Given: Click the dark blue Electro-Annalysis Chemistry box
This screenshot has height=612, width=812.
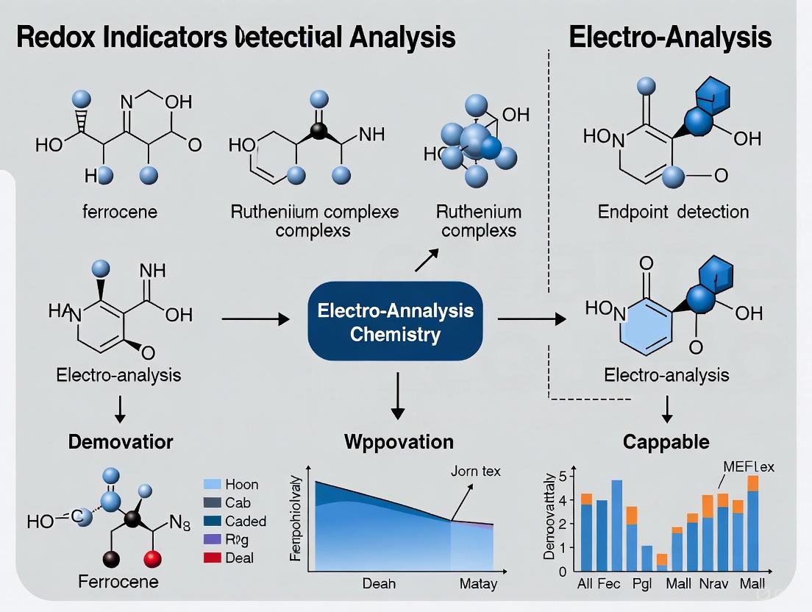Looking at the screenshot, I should pos(395,321).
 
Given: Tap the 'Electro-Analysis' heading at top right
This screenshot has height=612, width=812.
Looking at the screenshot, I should pos(670,37).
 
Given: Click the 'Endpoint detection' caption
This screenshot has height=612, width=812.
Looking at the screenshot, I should pos(673,212).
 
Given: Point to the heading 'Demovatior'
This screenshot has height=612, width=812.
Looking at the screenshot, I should pos(121,441).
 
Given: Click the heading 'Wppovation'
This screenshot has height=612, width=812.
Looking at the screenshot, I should pos(399,441).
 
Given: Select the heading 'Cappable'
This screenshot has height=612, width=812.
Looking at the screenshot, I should pos(666,441).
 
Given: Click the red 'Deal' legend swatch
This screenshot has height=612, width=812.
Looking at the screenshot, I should pos(211,558).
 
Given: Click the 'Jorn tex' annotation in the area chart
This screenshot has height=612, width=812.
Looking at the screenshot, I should pos(475,471).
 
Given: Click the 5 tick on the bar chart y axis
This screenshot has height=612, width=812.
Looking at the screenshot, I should pos(563,476).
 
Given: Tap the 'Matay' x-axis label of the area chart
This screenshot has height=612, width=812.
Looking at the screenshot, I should pos(477,583).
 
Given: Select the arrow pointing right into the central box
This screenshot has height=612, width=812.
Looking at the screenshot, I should pos(254,319).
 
